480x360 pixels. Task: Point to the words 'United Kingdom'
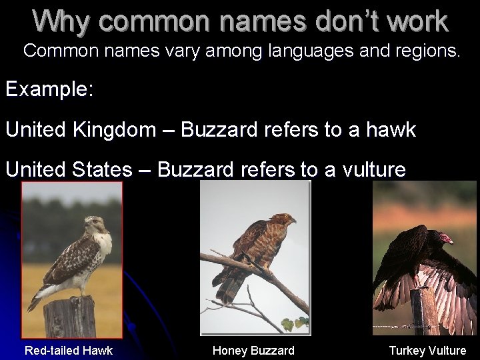(80, 129)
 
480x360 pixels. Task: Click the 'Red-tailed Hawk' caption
(69, 350)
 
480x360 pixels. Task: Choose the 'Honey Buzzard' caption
(253, 350)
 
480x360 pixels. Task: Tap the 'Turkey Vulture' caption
(427, 350)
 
